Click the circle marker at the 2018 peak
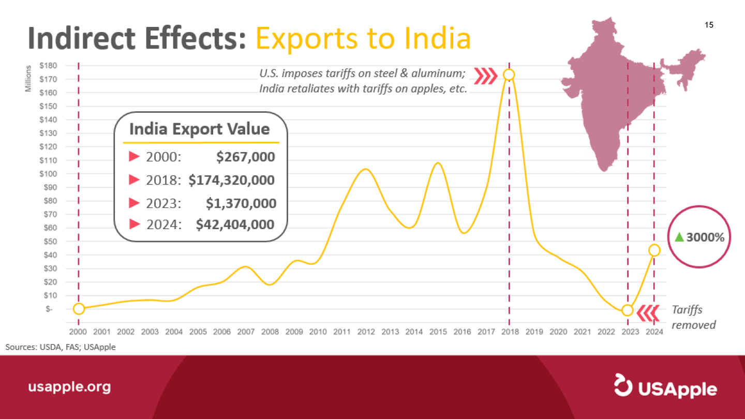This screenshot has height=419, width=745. pyautogui.click(x=509, y=74)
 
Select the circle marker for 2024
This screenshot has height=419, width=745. pyautogui.click(x=654, y=250)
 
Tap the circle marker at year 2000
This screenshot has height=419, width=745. pyautogui.click(x=79, y=309)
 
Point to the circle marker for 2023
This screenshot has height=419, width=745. pyautogui.click(x=627, y=310)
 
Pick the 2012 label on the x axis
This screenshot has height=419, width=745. pyautogui.click(x=366, y=332)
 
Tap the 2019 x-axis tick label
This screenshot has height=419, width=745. pyautogui.click(x=534, y=332)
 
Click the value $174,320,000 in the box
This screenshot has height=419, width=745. pyautogui.click(x=231, y=180)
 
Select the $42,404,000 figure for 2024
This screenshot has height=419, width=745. pyautogui.click(x=235, y=225)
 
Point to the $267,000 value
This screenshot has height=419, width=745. pyautogui.click(x=245, y=157)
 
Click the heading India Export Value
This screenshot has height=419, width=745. pyautogui.click(x=200, y=129)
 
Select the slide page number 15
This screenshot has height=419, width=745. pyautogui.click(x=709, y=25)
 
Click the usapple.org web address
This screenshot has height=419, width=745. pyautogui.click(x=69, y=387)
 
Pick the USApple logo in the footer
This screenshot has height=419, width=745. pyautogui.click(x=665, y=387)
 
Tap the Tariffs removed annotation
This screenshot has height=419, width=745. pyautogui.click(x=693, y=317)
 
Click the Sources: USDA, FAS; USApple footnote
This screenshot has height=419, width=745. pyautogui.click(x=61, y=347)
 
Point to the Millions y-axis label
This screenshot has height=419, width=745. pyautogui.click(x=28, y=78)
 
